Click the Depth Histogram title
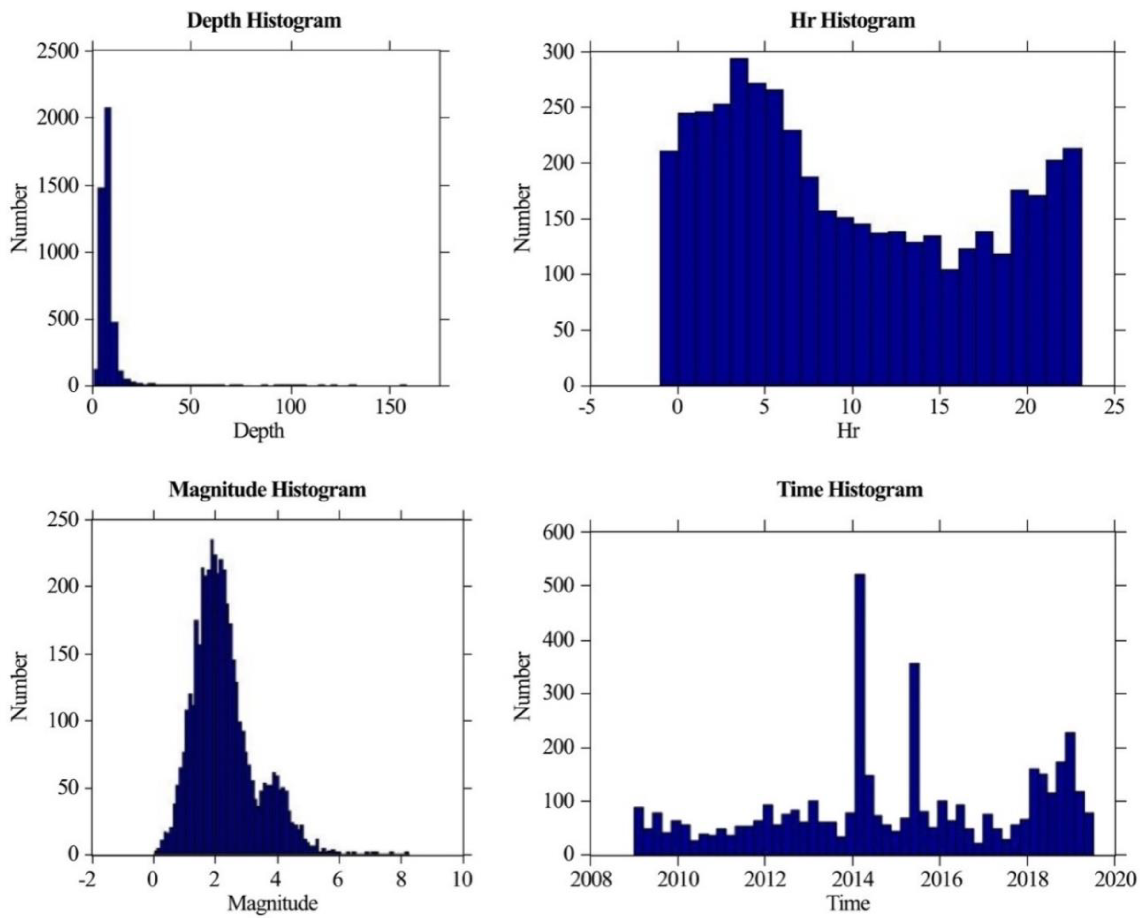coord(264,21)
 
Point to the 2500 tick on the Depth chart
coord(58,51)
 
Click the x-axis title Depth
coord(259,431)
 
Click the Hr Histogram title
coord(853,21)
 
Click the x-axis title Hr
coord(848,431)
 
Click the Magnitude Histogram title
coord(268,490)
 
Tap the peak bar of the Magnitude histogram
coord(212,692)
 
